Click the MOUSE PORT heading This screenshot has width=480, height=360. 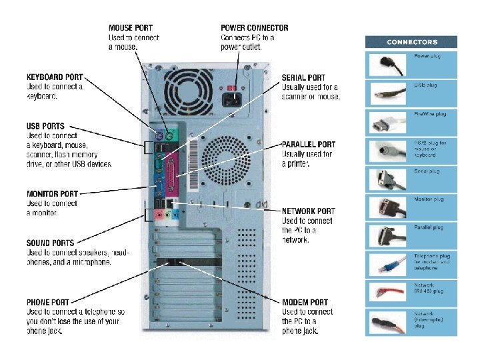tap(131, 28)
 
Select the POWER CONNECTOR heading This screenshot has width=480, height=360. tap(255, 28)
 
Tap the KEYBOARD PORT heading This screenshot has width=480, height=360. tap(55, 77)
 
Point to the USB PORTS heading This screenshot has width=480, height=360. tap(45, 126)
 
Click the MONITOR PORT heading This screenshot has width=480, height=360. tap(52, 194)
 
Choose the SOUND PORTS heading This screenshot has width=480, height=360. tap(50, 243)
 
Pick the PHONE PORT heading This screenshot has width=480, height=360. tap(47, 302)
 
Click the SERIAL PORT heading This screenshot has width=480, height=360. tap(303, 78)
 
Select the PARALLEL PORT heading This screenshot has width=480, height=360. tap(309, 145)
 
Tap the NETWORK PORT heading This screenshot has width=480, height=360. tap(309, 211)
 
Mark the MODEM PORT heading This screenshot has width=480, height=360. tap(305, 302)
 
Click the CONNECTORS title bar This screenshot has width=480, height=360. tap(411, 42)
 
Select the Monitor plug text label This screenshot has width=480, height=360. tap(429, 199)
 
